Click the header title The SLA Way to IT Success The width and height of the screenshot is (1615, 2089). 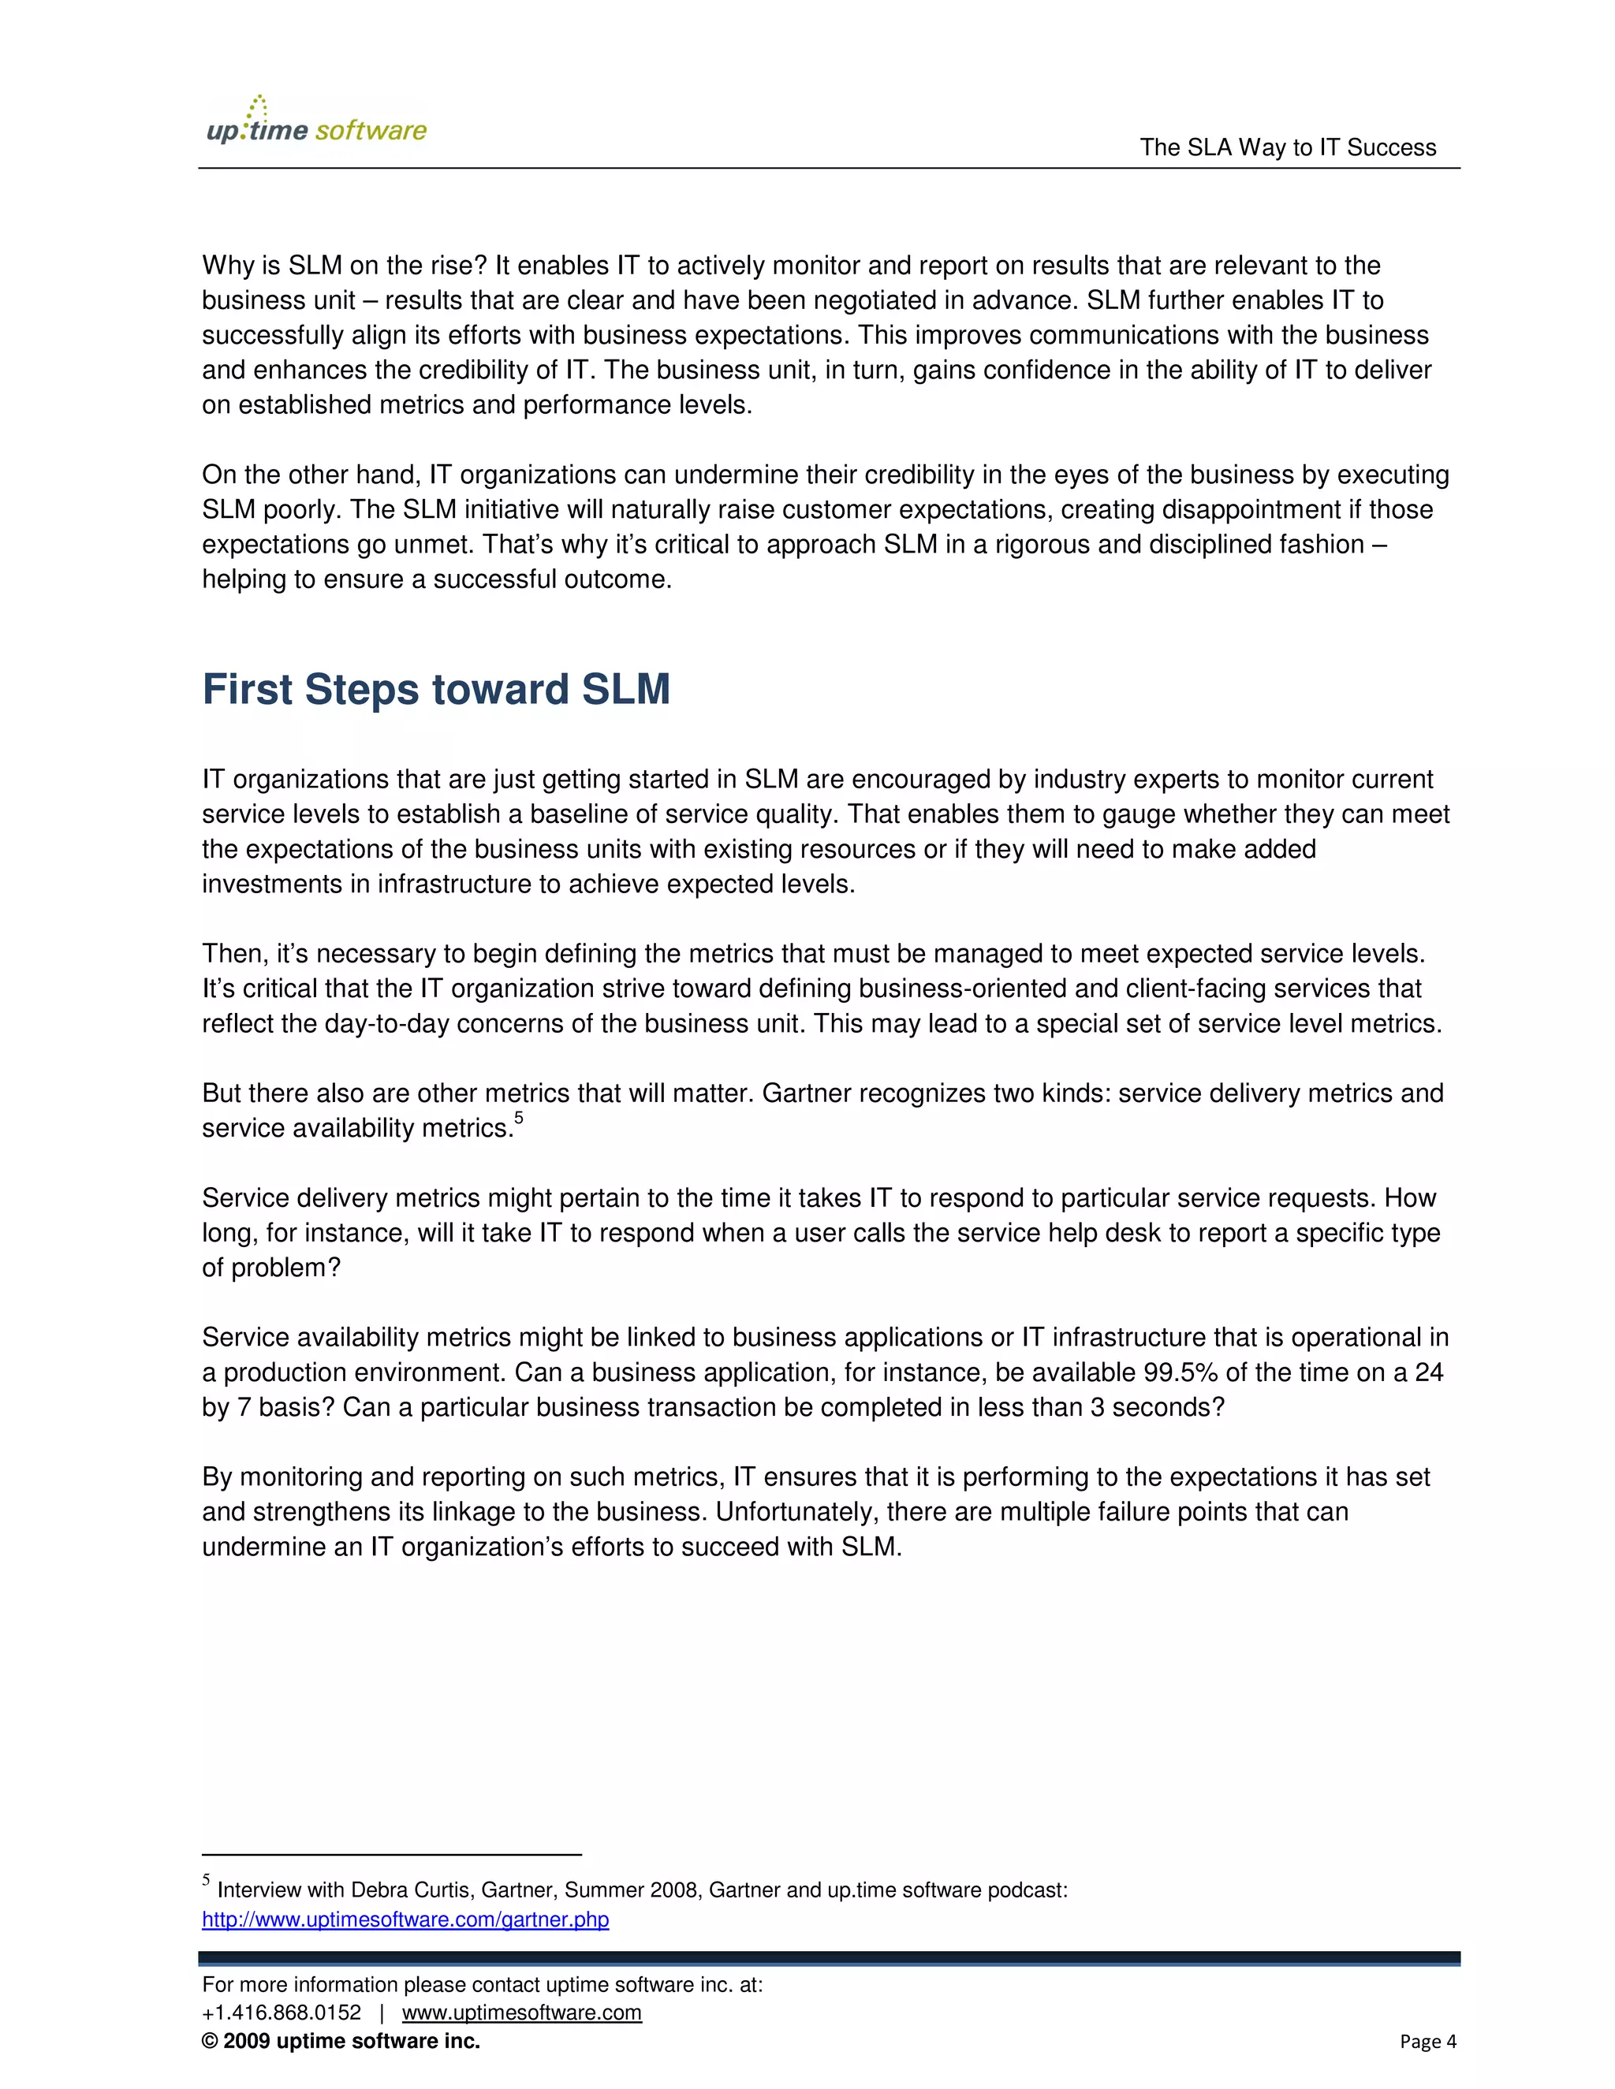[x=1287, y=147]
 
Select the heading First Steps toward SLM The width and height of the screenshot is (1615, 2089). [x=435, y=690]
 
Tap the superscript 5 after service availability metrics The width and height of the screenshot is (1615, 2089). [x=519, y=1117]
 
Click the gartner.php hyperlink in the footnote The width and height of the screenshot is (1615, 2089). [x=405, y=1920]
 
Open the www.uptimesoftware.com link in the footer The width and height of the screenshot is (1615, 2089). [x=521, y=2013]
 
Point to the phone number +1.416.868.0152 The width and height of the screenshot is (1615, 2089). [x=282, y=2013]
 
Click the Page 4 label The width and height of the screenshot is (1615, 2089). [x=1427, y=2041]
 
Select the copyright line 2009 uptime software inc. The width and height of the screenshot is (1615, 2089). [x=341, y=2041]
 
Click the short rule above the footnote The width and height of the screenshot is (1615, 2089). [x=391, y=1855]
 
